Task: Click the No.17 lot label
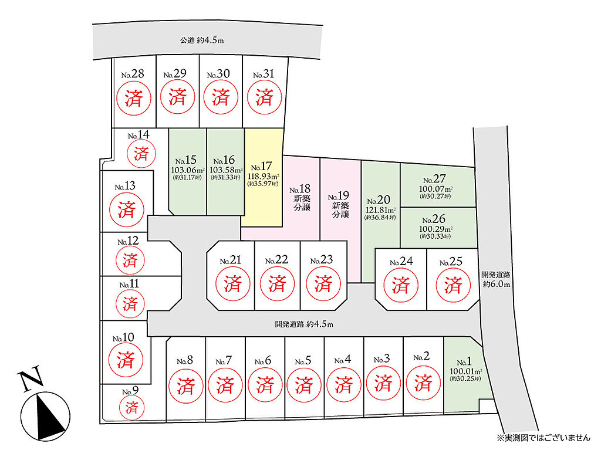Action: (261, 167)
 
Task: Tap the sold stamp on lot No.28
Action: (134, 98)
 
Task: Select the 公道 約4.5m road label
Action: (202, 40)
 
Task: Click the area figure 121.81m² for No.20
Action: (380, 211)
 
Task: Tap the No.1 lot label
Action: (464, 362)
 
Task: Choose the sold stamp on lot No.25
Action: (454, 285)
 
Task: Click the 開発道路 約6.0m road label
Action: (496, 279)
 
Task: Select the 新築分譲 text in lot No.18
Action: (302, 203)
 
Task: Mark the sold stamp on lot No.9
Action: (131, 407)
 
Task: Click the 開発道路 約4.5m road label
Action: (305, 324)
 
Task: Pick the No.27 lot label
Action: (434, 179)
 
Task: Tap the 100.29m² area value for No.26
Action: (436, 229)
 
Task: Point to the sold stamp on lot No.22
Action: (277, 283)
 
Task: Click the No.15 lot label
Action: (186, 160)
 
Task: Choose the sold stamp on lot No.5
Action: (304, 384)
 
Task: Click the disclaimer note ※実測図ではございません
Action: (543, 437)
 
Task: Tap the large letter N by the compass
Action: (31, 378)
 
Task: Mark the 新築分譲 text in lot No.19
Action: (340, 209)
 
